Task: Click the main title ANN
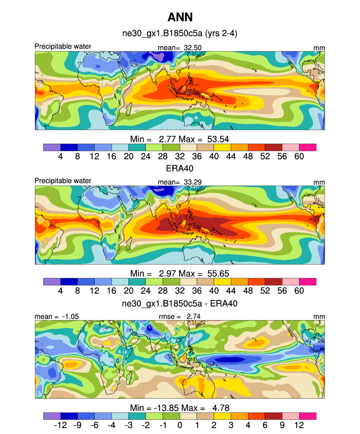tap(180, 18)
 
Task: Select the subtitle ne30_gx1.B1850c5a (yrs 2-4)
tap(180, 34)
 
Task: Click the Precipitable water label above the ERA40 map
tap(63, 181)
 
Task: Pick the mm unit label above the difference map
tap(320, 317)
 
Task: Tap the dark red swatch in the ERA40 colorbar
tap(273, 282)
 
